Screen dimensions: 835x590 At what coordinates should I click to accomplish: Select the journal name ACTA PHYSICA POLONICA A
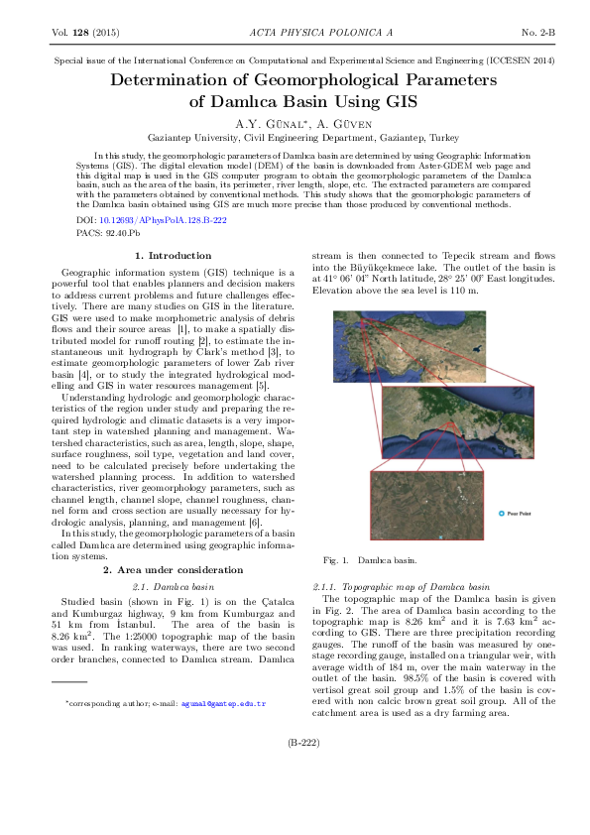(x=295, y=33)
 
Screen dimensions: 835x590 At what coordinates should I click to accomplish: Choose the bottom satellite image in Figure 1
(x=425, y=506)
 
